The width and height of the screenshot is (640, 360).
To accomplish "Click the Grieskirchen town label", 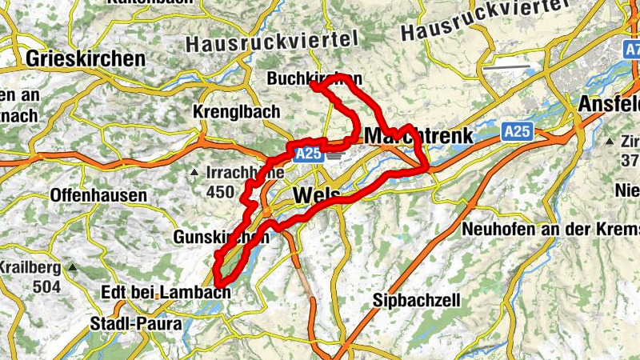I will point(86,58).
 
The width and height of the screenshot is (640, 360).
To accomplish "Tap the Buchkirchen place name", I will point(314,79).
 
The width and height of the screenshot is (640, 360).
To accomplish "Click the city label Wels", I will point(317,196).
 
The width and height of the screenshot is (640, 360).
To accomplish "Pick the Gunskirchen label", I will point(220,238).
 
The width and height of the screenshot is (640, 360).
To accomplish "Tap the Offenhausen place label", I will point(98,195).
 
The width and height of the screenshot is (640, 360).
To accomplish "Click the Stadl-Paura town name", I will point(137,324).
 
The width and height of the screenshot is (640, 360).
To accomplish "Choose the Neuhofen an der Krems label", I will point(550,229).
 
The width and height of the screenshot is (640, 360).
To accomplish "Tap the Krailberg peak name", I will point(30,267).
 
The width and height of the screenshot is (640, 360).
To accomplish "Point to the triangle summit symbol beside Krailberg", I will point(73,266).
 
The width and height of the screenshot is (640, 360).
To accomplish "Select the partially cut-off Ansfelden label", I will point(608,105).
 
